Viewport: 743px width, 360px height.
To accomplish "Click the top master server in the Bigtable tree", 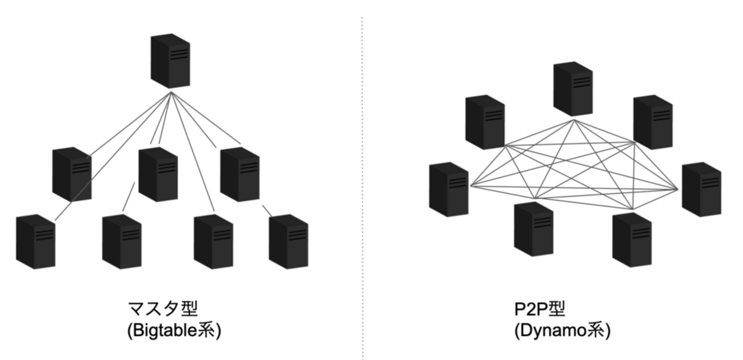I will pos(170,61).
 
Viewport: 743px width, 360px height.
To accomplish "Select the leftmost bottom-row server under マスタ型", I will pos(35,241).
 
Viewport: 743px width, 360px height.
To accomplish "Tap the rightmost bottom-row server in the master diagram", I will pos(289,241).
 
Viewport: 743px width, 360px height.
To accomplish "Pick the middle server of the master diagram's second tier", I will pos(158,174).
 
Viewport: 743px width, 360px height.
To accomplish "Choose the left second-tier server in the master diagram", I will pos(71,174).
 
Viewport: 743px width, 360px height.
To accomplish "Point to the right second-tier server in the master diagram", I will pos(240,174).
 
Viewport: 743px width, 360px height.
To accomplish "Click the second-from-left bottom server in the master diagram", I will pos(122,241).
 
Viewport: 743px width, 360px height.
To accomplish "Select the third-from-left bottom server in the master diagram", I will pos(213,241).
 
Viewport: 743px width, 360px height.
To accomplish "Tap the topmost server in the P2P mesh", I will pos(573,89).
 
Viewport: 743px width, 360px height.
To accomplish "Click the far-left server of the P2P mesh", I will pos(449,189).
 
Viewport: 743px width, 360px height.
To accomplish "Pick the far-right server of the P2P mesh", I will pos(701,189).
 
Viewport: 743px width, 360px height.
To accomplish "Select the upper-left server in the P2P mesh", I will pos(485,122).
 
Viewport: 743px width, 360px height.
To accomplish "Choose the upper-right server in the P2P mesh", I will pos(653,122).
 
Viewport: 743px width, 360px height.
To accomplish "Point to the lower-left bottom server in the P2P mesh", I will pos(534,229).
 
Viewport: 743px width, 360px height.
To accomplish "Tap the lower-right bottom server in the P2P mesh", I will pos(632,239).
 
